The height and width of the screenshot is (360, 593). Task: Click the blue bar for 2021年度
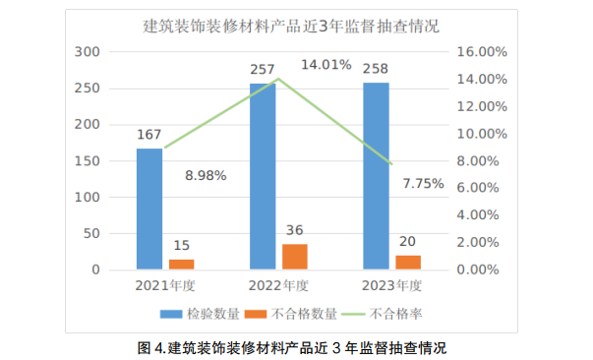click(149, 209)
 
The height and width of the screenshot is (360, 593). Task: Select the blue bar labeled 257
click(263, 177)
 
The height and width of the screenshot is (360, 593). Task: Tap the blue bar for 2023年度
click(376, 176)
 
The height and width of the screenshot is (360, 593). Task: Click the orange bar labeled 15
click(182, 264)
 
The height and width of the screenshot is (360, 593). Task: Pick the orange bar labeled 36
click(295, 256)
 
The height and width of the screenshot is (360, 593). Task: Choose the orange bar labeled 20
click(408, 262)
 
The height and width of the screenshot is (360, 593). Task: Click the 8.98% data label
click(207, 176)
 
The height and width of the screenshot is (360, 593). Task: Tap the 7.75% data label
click(424, 183)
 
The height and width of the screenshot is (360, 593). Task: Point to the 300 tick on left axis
click(90, 51)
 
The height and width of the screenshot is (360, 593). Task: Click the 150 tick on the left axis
click(90, 160)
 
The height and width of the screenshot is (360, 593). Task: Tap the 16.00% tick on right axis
click(482, 51)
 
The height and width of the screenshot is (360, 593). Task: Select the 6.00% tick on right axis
click(482, 187)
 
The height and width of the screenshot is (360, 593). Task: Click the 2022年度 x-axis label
click(278, 286)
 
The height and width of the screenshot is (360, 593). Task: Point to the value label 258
click(376, 70)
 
